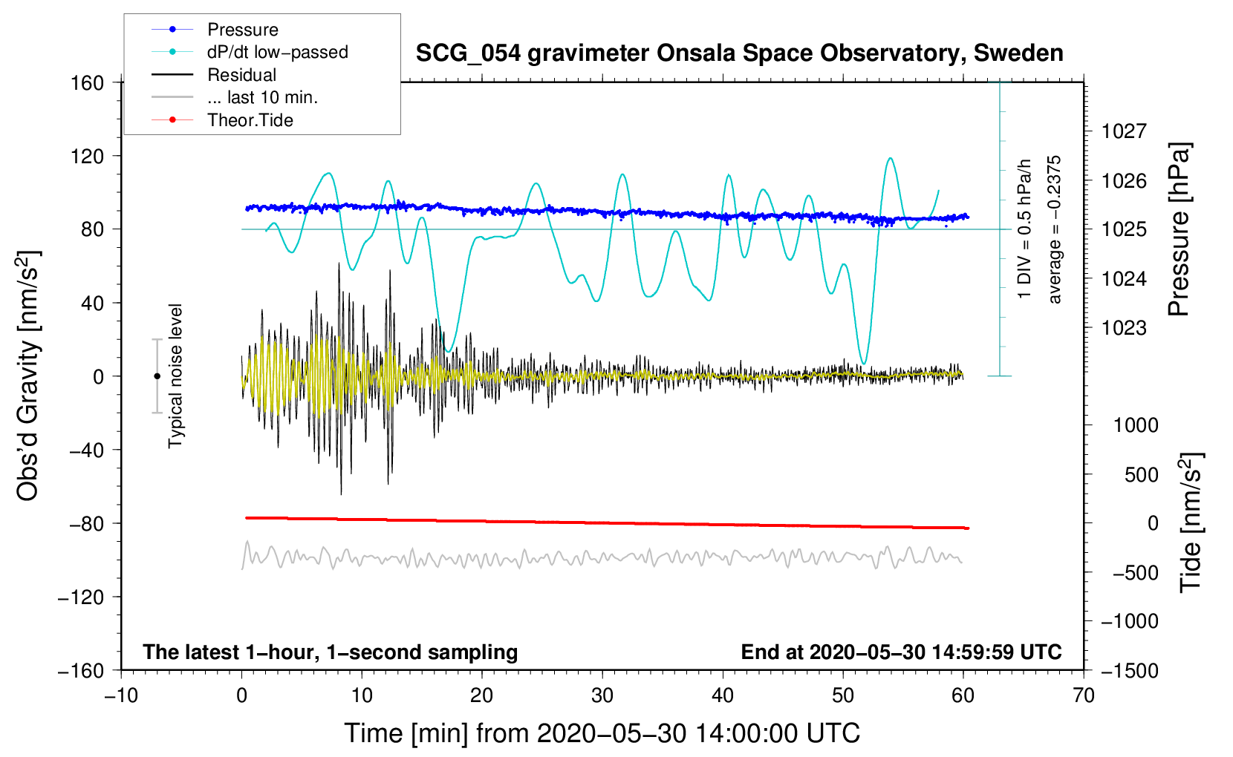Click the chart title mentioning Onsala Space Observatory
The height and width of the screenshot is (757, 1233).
click(739, 53)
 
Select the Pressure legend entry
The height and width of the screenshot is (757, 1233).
click(242, 30)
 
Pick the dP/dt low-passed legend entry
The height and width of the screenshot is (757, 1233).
click(277, 52)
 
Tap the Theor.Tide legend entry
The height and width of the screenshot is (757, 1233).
click(250, 120)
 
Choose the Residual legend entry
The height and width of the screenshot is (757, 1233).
click(241, 75)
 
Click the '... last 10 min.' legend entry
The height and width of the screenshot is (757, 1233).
click(262, 97)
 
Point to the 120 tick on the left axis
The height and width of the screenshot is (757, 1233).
click(88, 156)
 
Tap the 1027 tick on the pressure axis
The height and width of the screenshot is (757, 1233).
click(1124, 131)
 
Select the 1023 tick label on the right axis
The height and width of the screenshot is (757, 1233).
click(1124, 327)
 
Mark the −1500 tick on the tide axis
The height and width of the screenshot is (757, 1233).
click(1129, 670)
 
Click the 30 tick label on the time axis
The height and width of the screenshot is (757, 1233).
click(602, 695)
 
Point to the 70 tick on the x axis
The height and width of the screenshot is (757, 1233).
click(1084, 695)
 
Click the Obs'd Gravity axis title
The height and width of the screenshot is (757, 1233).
click(28, 376)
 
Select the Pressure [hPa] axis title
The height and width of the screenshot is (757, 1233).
click(1179, 229)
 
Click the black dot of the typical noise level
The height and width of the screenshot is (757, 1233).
click(157, 376)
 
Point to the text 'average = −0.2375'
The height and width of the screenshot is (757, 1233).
click(1055, 229)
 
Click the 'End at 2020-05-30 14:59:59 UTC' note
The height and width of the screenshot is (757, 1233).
click(901, 652)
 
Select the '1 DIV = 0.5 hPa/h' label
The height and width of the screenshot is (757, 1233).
click(1025, 229)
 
